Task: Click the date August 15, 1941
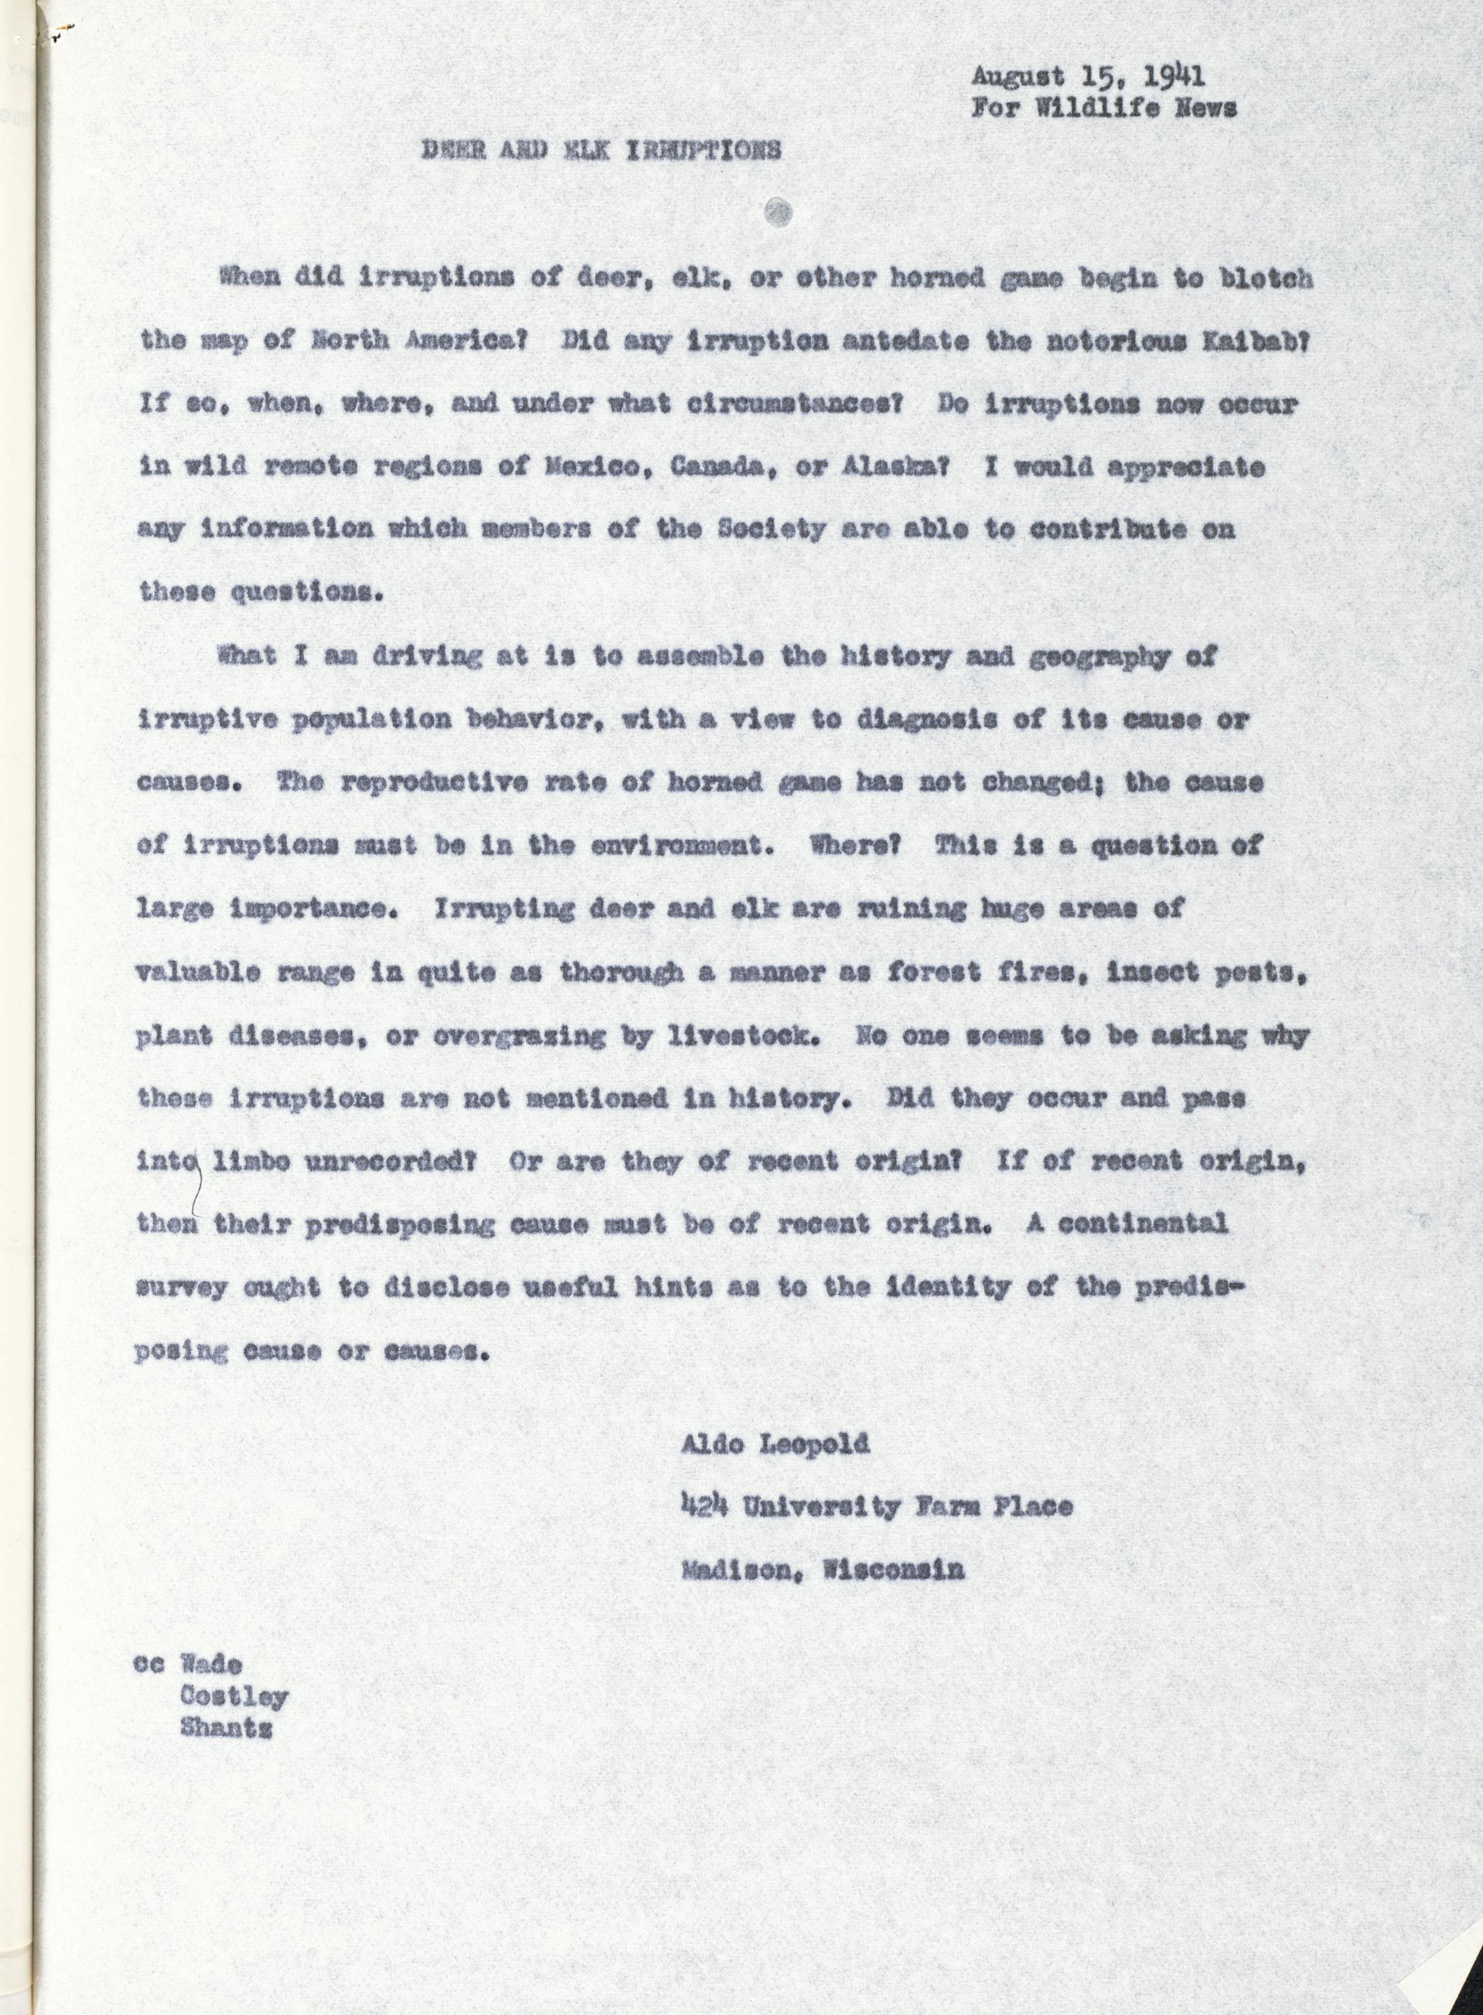tap(1087, 78)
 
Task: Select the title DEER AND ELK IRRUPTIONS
tap(601, 150)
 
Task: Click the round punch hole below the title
tap(778, 212)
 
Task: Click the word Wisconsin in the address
tap(893, 1570)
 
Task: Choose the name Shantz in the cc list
tap(226, 1728)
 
